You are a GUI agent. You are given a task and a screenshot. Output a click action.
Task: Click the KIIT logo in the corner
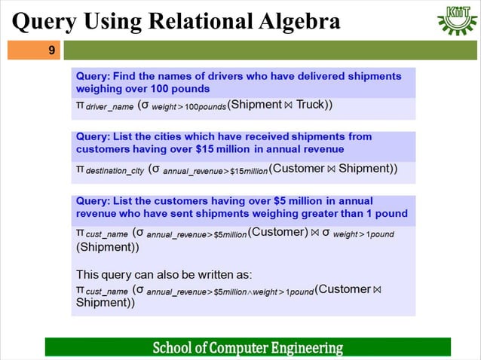click(457, 20)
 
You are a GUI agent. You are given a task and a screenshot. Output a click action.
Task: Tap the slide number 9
click(51, 51)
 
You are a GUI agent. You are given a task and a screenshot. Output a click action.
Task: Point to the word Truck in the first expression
click(309, 105)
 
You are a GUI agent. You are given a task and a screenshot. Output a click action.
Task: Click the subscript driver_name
click(109, 107)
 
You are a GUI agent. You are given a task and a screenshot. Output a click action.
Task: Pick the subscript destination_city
click(115, 171)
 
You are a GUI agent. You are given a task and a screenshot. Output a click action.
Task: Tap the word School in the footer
click(171, 348)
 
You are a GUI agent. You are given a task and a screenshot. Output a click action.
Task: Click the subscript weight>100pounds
click(189, 107)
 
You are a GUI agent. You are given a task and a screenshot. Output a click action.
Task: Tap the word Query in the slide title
click(42, 22)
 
